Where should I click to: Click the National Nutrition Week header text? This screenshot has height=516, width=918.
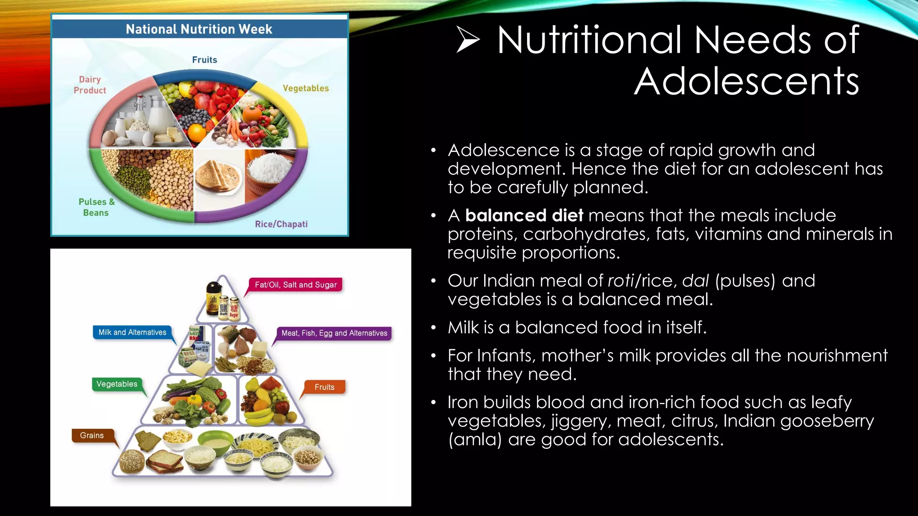pyautogui.click(x=199, y=29)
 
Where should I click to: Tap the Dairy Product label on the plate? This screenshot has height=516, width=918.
pyautogui.click(x=90, y=85)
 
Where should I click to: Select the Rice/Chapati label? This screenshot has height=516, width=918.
pyautogui.click(x=281, y=224)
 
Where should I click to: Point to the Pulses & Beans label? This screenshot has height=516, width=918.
pyautogui.click(x=96, y=207)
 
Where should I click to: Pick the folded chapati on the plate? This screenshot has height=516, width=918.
pyautogui.click(x=218, y=177)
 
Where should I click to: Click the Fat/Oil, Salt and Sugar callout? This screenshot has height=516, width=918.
pyautogui.click(x=295, y=285)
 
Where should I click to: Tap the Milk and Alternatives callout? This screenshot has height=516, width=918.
pyautogui.click(x=132, y=332)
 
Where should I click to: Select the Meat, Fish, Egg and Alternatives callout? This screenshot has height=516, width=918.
pyautogui.click(x=334, y=333)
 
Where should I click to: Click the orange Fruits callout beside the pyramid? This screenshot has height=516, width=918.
pyautogui.click(x=324, y=387)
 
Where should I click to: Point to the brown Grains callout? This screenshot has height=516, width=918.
pyautogui.click(x=92, y=435)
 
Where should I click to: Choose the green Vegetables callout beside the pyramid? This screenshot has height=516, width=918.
pyautogui.click(x=117, y=384)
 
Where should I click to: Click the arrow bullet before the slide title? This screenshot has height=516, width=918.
pyautogui.click(x=468, y=39)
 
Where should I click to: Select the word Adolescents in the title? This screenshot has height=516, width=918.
pyautogui.click(x=746, y=82)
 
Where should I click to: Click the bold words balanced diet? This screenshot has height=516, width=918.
pyautogui.click(x=524, y=215)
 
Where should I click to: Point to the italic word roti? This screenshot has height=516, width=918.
pyautogui.click(x=620, y=281)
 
